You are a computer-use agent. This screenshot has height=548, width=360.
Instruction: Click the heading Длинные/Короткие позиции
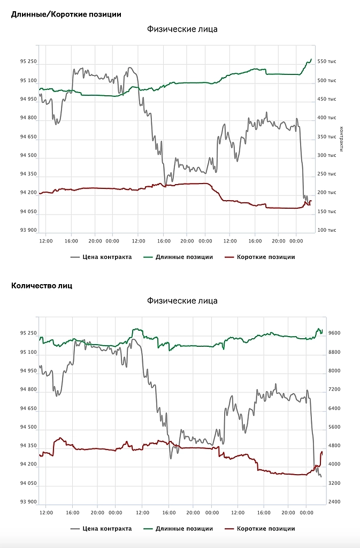click(x=66, y=14)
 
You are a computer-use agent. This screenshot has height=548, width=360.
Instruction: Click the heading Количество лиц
click(x=41, y=286)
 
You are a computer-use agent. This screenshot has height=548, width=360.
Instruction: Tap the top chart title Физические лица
click(x=182, y=29)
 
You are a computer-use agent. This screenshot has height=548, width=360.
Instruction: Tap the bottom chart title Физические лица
click(x=182, y=301)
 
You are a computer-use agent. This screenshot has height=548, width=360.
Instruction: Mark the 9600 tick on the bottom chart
click(x=334, y=333)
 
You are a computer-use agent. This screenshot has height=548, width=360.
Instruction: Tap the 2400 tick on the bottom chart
click(x=334, y=502)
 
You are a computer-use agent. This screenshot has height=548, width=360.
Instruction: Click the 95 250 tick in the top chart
click(x=28, y=62)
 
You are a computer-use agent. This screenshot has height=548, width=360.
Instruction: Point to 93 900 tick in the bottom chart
click(x=28, y=502)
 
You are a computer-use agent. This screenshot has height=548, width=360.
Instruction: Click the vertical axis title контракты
click(x=341, y=139)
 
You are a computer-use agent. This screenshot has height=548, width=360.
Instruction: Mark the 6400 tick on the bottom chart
click(x=334, y=408)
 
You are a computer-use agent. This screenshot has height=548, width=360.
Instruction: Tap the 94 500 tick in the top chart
click(x=28, y=155)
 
